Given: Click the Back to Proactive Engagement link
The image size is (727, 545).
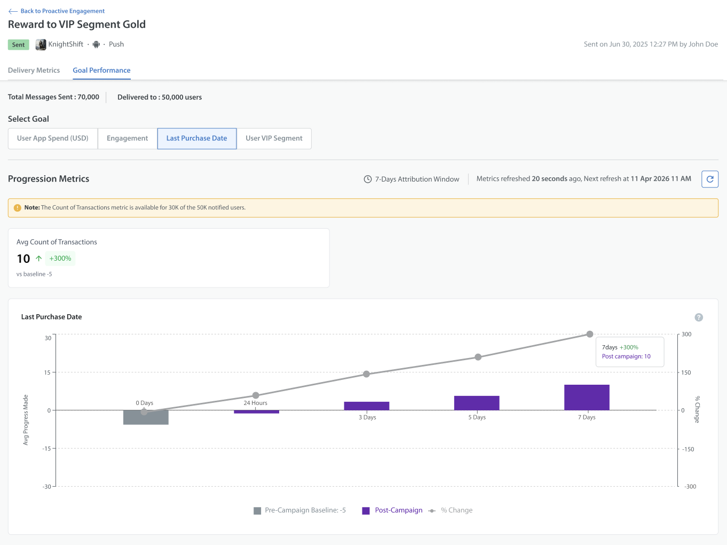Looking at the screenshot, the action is click(56, 11).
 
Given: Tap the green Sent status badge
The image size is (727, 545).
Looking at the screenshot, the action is click(19, 44).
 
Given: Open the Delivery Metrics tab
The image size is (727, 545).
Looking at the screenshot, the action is click(34, 71).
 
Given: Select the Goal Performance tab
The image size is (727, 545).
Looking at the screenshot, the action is click(101, 71).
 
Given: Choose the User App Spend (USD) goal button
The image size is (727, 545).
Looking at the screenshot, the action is click(53, 138).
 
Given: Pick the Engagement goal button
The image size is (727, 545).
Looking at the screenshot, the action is click(127, 138).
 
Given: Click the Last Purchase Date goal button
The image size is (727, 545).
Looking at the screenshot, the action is click(197, 138).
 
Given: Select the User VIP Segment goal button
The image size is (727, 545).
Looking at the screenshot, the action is click(274, 138).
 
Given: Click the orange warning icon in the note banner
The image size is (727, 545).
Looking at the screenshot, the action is click(18, 208).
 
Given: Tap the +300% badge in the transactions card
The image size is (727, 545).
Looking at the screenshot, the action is click(60, 258).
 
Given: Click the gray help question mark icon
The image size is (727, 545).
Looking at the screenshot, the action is click(699, 317).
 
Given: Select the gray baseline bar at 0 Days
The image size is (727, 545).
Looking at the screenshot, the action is click(146, 417).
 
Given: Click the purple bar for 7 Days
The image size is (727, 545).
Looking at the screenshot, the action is click(587, 398).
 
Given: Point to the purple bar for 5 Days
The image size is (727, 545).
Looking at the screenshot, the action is click(477, 403).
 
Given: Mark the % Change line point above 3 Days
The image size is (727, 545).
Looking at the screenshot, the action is click(366, 374).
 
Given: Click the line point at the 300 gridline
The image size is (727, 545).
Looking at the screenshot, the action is click(589, 334).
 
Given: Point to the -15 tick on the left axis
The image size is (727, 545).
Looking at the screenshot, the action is click(46, 448).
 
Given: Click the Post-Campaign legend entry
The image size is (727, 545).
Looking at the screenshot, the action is click(392, 510).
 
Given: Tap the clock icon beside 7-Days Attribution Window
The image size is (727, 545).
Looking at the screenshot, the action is click(368, 179).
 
